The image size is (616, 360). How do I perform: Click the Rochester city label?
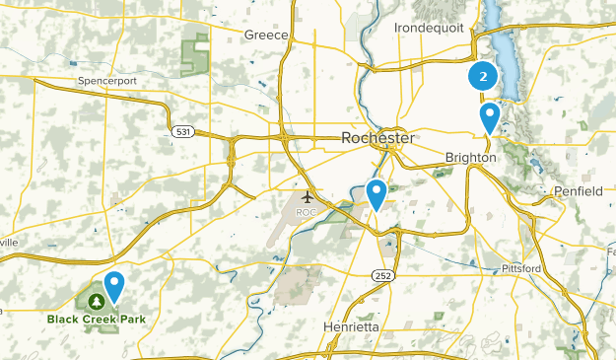coord(377,138)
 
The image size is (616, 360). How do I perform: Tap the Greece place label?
coord(267,36)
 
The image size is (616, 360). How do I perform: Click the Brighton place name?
coord(470,158)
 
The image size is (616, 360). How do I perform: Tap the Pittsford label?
coord(521,268)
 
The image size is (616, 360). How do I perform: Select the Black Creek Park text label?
coord(97,319)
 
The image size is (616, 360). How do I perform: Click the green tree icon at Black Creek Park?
coord(97,301)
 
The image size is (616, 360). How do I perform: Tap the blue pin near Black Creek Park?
coord(115,286)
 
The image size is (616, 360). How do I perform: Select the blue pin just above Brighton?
coord(489,118)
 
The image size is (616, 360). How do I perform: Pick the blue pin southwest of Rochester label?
coord(376,193)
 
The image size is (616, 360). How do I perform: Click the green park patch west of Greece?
coord(197,54)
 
